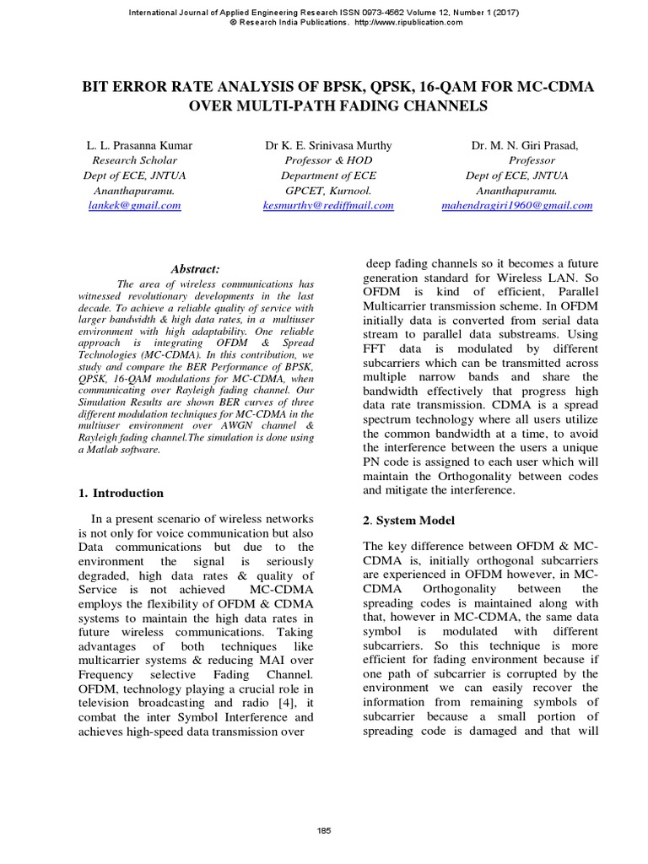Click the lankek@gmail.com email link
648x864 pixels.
click(135, 205)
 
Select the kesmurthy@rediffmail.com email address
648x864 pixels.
click(328, 205)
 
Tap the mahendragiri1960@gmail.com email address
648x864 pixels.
click(517, 205)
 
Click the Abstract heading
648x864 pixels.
click(195, 269)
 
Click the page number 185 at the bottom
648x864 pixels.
click(324, 831)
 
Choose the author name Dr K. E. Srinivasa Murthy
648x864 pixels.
click(328, 146)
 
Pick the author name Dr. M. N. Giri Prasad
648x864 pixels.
click(525, 146)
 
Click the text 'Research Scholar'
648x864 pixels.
click(135, 160)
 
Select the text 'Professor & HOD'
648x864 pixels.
click(328, 160)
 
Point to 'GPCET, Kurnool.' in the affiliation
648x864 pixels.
click(328, 191)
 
